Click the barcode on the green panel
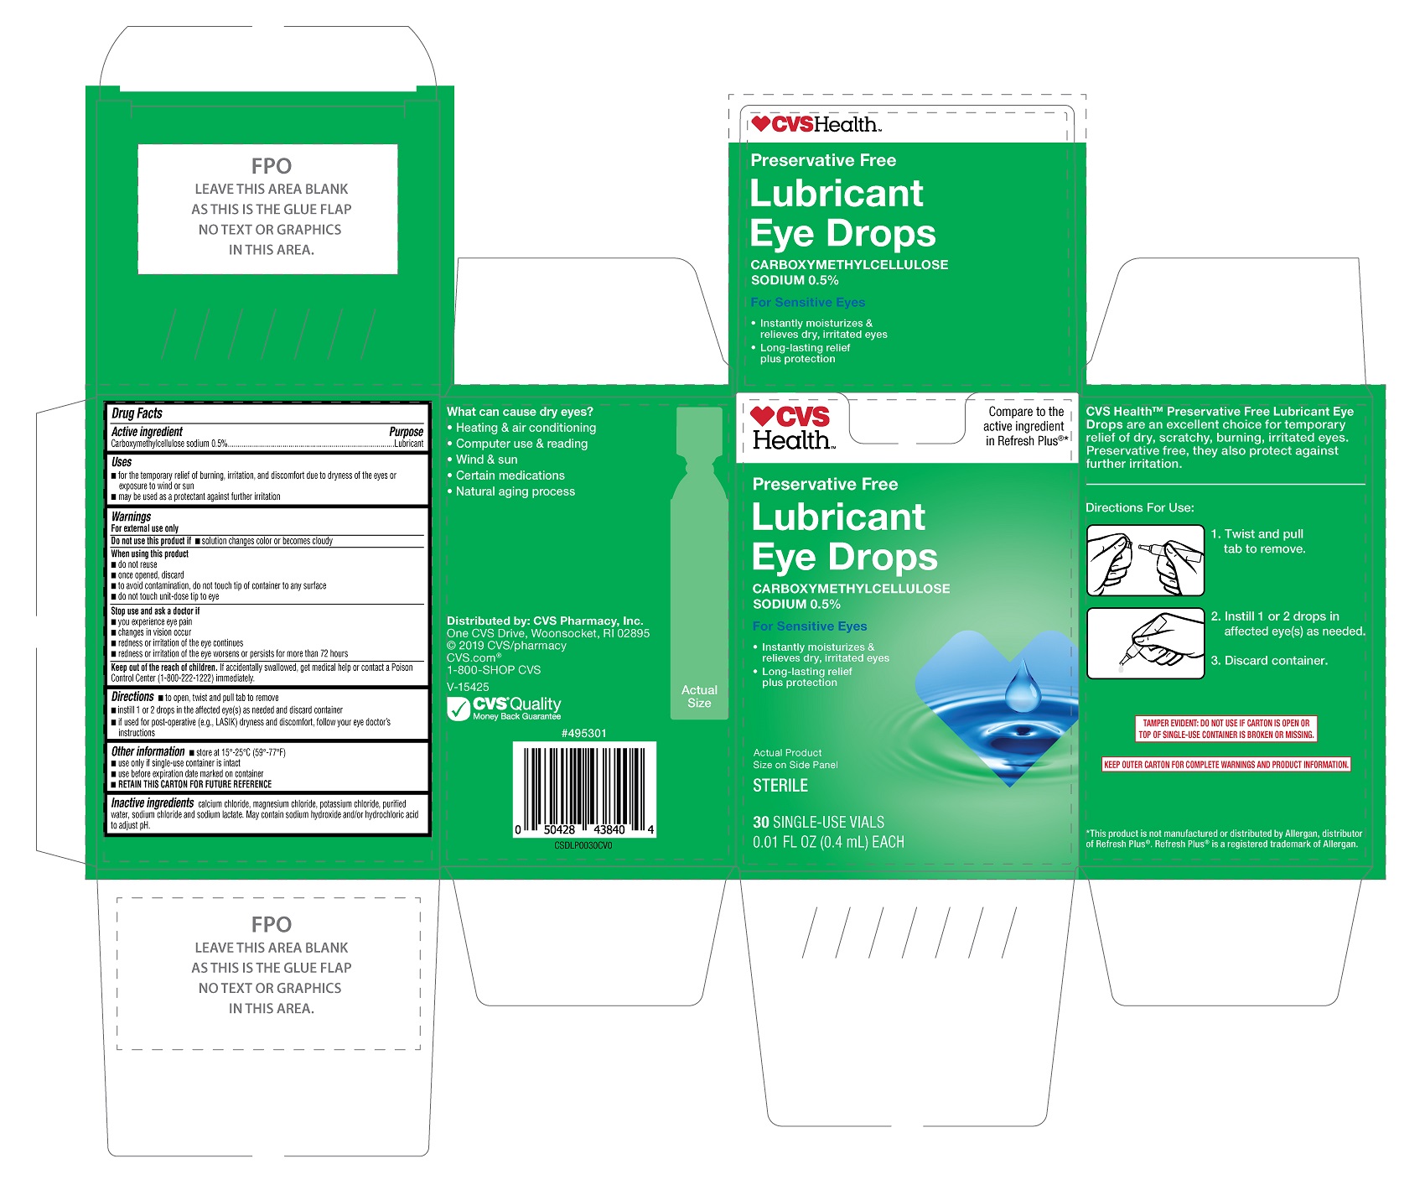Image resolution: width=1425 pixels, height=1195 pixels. (x=584, y=789)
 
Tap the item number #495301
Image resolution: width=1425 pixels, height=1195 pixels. (x=583, y=733)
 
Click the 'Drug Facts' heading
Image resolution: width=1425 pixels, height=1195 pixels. (x=137, y=413)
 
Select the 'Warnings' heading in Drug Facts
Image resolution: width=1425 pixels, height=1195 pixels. (x=131, y=517)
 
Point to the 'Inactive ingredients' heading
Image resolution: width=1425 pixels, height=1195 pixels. (x=153, y=803)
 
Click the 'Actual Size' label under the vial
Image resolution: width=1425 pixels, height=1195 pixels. (x=699, y=697)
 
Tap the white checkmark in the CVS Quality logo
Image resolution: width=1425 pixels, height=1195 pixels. (x=459, y=709)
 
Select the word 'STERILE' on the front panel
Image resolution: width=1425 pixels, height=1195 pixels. (x=780, y=786)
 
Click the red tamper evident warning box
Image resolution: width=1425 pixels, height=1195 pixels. (x=1225, y=729)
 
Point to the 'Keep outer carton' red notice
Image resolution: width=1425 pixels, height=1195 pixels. (x=1226, y=765)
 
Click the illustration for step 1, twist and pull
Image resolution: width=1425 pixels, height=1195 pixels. (x=1145, y=560)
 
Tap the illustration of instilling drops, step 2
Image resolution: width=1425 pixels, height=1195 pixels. (x=1145, y=642)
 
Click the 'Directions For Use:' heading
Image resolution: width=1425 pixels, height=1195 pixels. (x=1140, y=507)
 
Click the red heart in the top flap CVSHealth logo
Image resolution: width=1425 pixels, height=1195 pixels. (x=760, y=124)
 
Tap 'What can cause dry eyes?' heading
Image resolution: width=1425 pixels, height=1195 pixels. (x=520, y=412)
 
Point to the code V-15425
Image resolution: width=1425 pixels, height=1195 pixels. (x=468, y=687)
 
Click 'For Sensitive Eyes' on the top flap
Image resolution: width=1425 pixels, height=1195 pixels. (x=808, y=303)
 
